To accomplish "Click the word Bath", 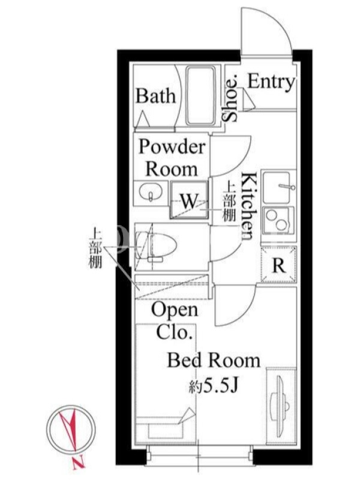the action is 156,96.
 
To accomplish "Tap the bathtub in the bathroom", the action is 201,97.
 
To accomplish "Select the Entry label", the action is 271,82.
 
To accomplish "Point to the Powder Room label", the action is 172,158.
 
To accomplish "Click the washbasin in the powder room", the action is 151,193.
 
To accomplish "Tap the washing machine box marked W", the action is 189,200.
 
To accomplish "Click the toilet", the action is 157,247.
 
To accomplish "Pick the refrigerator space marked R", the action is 278,265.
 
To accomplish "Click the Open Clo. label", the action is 175,320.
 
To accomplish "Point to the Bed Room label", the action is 214,360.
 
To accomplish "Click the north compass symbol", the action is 71,430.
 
